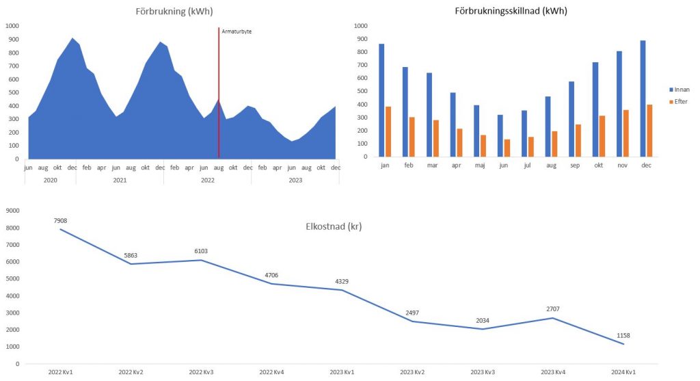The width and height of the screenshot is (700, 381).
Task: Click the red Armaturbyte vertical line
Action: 219,82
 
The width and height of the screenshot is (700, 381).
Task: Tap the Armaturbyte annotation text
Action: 237,31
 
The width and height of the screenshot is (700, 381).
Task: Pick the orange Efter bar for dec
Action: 650,131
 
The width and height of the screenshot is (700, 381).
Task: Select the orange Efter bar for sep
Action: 578,141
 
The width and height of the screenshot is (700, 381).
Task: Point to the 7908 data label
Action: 61,220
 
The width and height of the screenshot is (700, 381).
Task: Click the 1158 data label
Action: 623,334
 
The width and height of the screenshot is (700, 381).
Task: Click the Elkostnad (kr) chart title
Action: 334,227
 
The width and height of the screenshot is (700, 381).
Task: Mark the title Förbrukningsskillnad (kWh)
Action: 511,11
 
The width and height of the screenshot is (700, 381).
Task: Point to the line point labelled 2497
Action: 412,321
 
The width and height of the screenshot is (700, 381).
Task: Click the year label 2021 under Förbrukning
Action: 120,180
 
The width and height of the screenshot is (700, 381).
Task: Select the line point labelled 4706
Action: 271,284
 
